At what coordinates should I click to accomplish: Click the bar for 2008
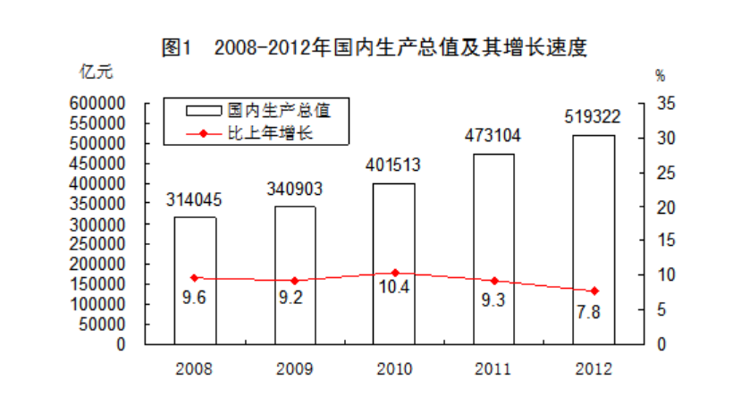click(x=195, y=280)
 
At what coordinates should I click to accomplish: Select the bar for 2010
click(x=394, y=263)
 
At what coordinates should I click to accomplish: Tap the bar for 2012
click(x=594, y=239)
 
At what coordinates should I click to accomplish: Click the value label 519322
click(x=594, y=116)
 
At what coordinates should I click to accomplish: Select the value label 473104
click(x=493, y=136)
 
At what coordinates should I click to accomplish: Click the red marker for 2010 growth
click(x=394, y=273)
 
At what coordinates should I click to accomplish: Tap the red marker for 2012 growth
click(x=594, y=291)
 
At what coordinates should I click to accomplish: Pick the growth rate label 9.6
click(x=194, y=298)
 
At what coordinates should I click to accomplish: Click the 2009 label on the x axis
click(x=294, y=368)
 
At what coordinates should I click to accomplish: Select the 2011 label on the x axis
click(x=493, y=368)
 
